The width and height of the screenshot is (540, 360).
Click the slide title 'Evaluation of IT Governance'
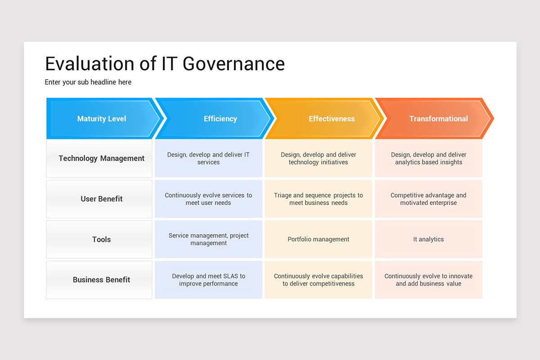coord(165,63)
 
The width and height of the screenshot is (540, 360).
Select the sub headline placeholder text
coord(88,82)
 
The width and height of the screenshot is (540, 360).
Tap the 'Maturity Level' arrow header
coord(102,119)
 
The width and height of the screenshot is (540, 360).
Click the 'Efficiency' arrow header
coord(220,119)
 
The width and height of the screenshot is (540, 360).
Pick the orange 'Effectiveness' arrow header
coord(331,119)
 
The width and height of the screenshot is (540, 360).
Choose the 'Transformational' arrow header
coord(438,119)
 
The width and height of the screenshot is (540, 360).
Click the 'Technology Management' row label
coord(101,158)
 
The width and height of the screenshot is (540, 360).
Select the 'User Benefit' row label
coord(101,199)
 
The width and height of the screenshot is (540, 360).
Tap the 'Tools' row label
coord(101,239)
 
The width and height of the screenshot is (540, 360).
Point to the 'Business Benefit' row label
coord(101,279)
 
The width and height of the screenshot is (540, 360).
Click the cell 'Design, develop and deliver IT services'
coord(208,158)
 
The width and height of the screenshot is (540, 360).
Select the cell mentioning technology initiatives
coord(318,158)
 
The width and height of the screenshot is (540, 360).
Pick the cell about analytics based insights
coord(428,158)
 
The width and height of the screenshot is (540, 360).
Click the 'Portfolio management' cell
coord(318,239)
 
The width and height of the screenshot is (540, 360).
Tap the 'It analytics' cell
coord(428,239)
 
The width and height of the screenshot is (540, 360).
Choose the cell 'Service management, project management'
coord(208,239)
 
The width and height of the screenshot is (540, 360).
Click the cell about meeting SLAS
coord(208,279)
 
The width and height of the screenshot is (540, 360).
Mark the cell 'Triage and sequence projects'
coord(318,199)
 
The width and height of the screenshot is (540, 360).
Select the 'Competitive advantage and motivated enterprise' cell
coord(428,199)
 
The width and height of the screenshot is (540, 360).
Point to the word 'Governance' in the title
coord(234,63)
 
